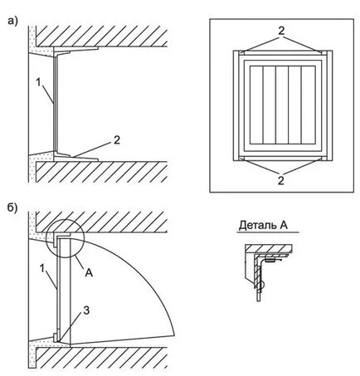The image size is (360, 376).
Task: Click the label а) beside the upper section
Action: pos(12,21)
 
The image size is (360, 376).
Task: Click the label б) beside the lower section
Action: pos(12,208)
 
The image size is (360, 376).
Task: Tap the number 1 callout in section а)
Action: pos(38,82)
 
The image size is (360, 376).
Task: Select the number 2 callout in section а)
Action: pos(117,140)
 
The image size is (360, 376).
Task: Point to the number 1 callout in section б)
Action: pos(42,268)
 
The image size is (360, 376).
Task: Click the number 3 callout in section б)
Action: pos(86,310)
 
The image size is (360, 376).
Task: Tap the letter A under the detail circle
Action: pos(89,273)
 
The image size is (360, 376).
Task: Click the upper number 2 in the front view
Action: pos(281,31)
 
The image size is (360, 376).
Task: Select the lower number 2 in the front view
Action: pos(281,181)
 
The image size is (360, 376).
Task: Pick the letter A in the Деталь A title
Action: pos(284,225)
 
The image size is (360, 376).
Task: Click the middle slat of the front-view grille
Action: pos(282,105)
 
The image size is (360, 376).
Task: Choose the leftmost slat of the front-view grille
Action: pos(256,105)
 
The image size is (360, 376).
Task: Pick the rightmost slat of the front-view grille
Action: pos(308,105)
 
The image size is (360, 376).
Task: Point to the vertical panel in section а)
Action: pos(56,103)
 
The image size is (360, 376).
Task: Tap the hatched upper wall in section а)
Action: pos(102,36)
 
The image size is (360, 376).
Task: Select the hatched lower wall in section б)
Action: pos(102,358)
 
